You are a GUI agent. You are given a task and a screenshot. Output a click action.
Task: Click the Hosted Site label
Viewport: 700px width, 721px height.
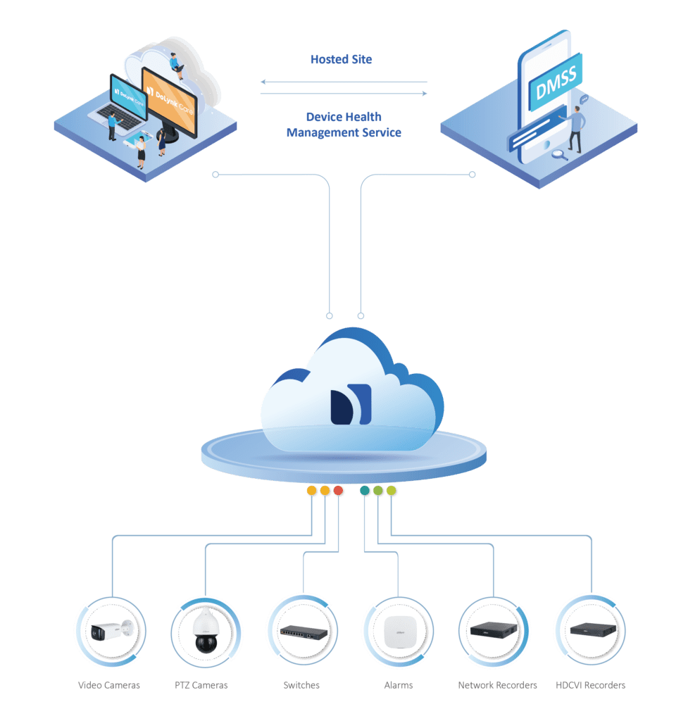(x=341, y=60)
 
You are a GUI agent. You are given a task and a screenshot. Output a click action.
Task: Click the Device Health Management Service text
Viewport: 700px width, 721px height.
(x=344, y=125)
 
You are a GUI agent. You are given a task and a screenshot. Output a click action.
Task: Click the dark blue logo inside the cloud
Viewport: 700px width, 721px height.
(x=350, y=404)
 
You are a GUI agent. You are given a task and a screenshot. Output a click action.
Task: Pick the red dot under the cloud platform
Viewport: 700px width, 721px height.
(x=338, y=491)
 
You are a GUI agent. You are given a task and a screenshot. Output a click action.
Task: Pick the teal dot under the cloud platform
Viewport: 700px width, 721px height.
(x=365, y=491)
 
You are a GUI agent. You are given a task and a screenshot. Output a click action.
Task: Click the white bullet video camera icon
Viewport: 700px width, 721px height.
(x=111, y=631)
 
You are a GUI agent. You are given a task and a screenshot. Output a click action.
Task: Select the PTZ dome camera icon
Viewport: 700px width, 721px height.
(x=207, y=631)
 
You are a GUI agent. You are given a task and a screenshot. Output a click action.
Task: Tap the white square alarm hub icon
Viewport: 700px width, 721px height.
(x=396, y=630)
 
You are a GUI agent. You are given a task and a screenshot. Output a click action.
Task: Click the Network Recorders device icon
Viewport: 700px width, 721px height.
(x=494, y=630)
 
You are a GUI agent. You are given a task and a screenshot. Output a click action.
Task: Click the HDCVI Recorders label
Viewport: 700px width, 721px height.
(x=590, y=685)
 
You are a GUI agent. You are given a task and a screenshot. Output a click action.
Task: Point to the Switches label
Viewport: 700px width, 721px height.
(x=301, y=685)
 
